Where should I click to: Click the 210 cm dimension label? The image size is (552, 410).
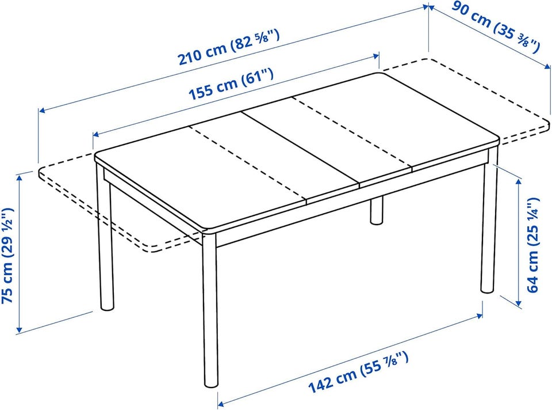pyautogui.click(x=229, y=48)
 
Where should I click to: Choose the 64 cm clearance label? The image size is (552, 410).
pyautogui.click(x=532, y=245)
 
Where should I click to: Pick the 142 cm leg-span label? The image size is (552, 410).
pyautogui.click(x=358, y=372)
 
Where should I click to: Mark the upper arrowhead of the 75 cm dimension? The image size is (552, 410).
pyautogui.click(x=20, y=177)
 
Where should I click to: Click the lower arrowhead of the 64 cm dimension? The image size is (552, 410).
pyautogui.click(x=518, y=302)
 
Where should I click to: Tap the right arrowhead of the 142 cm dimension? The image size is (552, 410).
pyautogui.click(x=479, y=316)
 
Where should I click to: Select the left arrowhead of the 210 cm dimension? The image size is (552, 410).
pyautogui.click(x=42, y=111)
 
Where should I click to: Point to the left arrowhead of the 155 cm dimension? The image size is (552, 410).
pyautogui.click(x=97, y=134)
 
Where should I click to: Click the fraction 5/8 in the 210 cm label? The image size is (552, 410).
pyautogui.click(x=261, y=39)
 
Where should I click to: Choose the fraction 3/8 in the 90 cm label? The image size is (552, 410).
pyautogui.click(x=523, y=41)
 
